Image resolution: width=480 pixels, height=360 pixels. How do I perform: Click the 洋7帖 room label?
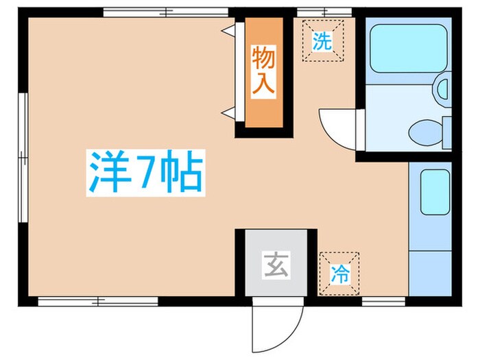click(145, 174)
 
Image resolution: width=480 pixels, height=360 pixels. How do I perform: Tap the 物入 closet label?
click(263, 71)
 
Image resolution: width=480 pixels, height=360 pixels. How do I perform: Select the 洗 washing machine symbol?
click(322, 42)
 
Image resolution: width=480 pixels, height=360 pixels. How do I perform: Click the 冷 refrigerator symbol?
click(339, 274)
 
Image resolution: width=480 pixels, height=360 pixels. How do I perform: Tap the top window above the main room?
click(165, 12)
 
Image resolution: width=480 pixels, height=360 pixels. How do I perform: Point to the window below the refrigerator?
click(383, 300)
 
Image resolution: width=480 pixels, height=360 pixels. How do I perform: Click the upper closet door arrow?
click(228, 29)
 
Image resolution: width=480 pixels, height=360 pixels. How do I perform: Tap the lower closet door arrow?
click(228, 112)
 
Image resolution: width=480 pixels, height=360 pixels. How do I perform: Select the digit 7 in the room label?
click(145, 174)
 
